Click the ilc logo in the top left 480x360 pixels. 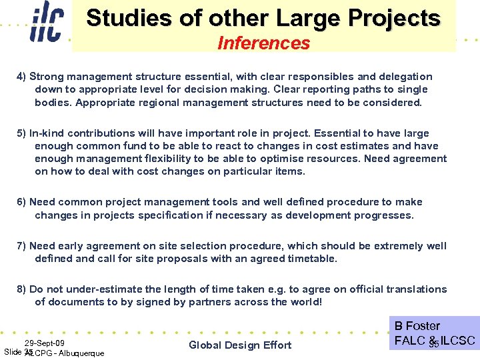47,25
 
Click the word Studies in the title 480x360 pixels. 125,18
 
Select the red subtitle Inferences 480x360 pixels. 263,43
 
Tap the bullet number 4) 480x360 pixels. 21,77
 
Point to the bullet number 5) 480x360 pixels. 21,133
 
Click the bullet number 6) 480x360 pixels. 21,202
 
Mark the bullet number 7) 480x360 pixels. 21,245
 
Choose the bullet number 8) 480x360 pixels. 21,289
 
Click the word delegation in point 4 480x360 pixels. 403,77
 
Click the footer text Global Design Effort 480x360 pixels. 240,345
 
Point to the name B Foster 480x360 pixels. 417,326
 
